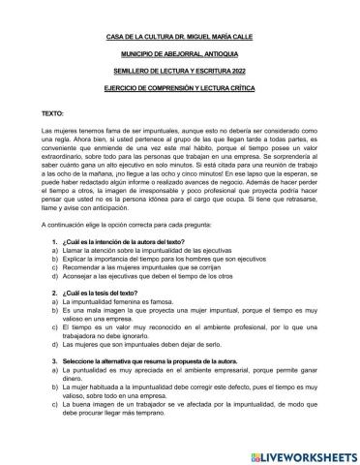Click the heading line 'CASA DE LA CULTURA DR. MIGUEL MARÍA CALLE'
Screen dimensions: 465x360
pos(179,40)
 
